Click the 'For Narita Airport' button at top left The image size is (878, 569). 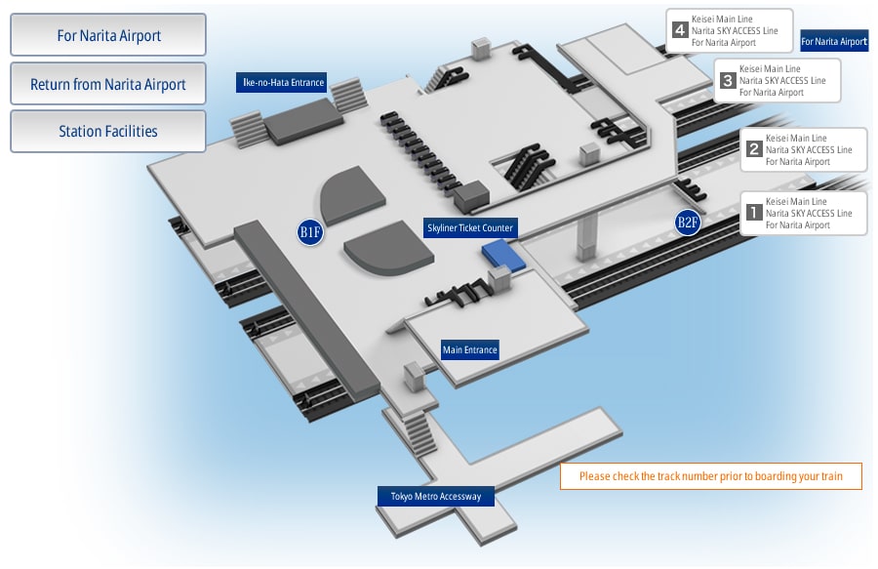pyautogui.click(x=108, y=35)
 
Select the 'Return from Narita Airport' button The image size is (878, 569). pyautogui.click(x=108, y=83)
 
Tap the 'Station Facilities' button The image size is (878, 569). pyautogui.click(x=108, y=131)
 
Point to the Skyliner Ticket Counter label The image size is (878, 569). pyautogui.click(x=470, y=228)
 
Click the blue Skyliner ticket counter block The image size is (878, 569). pyautogui.click(x=503, y=256)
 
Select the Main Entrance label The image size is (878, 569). pyautogui.click(x=470, y=350)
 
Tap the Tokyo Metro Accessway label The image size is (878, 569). pyautogui.click(x=436, y=496)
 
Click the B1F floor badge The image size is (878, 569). pyautogui.click(x=310, y=232)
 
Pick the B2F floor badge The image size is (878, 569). pyautogui.click(x=688, y=223)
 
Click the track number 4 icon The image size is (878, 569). pyautogui.click(x=680, y=29)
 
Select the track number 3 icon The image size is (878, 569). pyautogui.click(x=728, y=81)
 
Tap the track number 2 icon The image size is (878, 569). pyautogui.click(x=754, y=149)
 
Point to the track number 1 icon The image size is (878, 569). pyautogui.click(x=754, y=212)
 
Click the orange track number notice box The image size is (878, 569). pyautogui.click(x=710, y=476)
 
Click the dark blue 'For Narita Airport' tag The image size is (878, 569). pyautogui.click(x=834, y=41)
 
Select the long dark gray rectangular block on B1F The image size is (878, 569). pyautogui.click(x=307, y=311)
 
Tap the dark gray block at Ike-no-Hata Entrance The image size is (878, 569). pyautogui.click(x=304, y=122)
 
